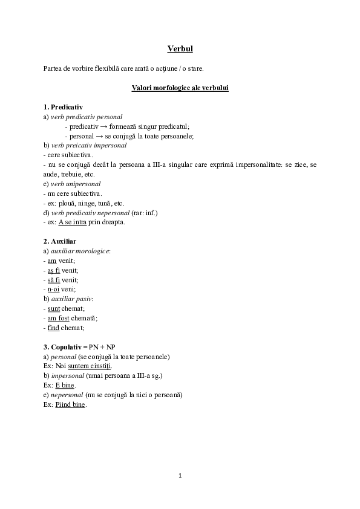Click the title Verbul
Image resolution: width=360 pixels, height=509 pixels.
pyautogui.click(x=180, y=48)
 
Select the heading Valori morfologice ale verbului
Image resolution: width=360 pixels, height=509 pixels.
pyautogui.click(x=180, y=88)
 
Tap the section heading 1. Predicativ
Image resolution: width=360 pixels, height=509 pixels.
pyautogui.click(x=63, y=107)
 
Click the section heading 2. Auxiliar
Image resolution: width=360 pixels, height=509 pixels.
pyautogui.click(x=60, y=241)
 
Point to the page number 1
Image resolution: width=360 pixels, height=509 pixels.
pyautogui.click(x=180, y=475)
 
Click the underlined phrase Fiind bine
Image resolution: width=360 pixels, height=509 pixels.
pyautogui.click(x=70, y=404)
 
